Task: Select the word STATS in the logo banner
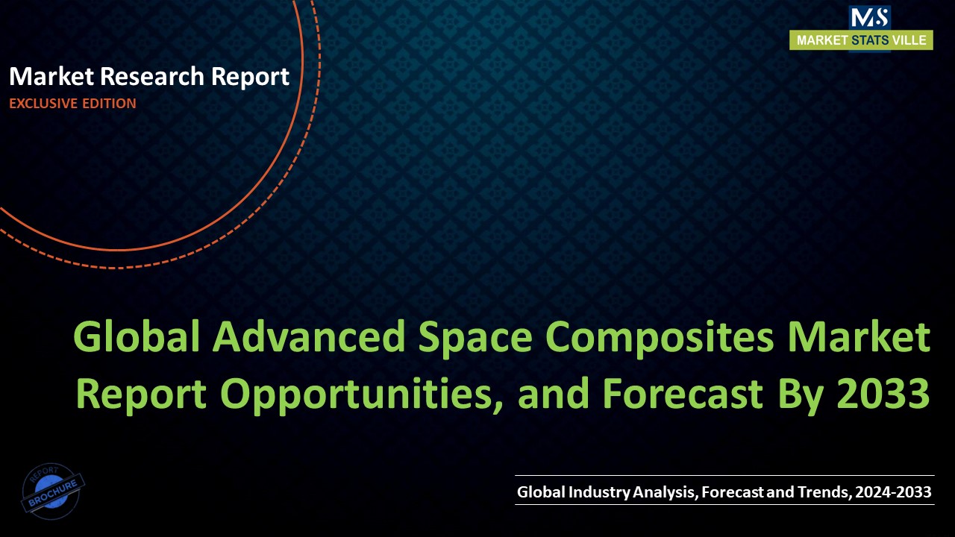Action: [869, 41]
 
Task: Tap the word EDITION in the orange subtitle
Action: [109, 104]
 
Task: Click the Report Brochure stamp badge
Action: [53, 492]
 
